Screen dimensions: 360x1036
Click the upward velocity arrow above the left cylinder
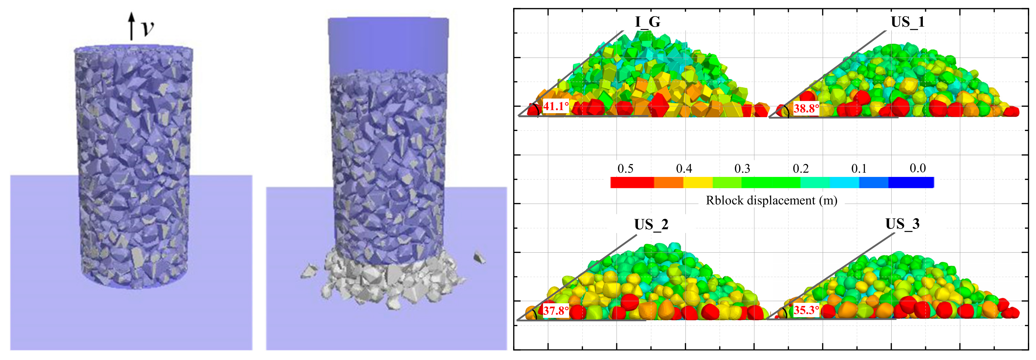point(131,26)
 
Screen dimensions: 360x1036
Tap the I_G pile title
point(647,22)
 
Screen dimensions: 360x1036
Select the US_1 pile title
point(908,22)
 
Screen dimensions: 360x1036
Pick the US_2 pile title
point(651,224)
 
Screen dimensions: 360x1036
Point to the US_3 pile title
point(902,224)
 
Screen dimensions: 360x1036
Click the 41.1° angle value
point(556,106)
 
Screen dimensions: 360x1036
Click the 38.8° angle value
point(806,108)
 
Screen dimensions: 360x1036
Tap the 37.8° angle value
point(556,311)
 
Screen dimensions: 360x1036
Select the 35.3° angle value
point(806,310)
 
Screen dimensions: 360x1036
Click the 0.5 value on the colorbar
point(625,168)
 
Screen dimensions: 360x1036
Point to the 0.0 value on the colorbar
point(918,168)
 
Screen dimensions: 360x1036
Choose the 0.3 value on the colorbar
point(742,168)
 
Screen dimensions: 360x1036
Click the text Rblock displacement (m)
point(771,200)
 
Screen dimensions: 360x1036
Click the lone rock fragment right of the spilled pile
point(479,258)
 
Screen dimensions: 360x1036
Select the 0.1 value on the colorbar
point(859,168)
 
